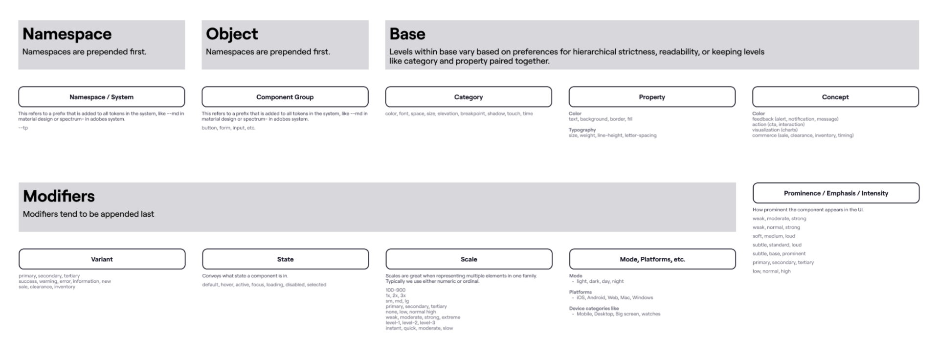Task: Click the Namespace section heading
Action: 67,34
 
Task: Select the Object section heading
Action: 232,34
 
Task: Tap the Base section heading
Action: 407,34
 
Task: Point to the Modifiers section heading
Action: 59,196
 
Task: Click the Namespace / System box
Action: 102,97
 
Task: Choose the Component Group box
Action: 285,97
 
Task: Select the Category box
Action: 469,97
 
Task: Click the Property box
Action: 652,97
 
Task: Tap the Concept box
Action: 835,97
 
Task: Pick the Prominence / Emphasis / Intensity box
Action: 836,193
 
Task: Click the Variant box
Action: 102,259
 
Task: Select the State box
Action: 286,259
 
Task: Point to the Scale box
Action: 469,259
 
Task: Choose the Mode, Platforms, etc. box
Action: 652,259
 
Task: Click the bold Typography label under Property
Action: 582,130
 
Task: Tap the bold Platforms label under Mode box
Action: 581,292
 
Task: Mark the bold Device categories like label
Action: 594,309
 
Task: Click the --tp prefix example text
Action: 23,128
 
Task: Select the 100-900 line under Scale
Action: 395,290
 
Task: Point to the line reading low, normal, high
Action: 771,271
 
